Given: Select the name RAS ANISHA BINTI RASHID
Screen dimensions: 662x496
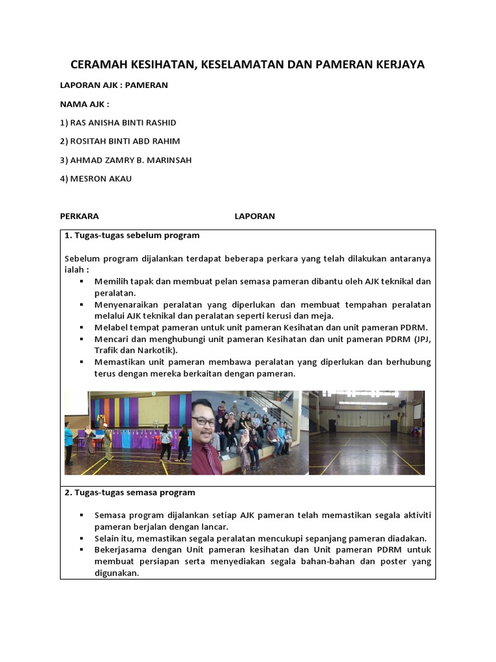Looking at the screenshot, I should point(118,122).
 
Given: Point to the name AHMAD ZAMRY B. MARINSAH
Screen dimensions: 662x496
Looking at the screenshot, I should point(125,160).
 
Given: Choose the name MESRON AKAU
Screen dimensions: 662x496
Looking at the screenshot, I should point(96,178).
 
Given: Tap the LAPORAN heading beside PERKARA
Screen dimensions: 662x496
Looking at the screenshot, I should point(254,216).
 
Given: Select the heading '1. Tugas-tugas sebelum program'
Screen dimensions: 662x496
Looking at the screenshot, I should point(132,235).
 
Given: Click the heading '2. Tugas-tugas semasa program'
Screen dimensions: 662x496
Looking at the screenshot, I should point(130,492).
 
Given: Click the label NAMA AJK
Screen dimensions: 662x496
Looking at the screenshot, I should point(84,103).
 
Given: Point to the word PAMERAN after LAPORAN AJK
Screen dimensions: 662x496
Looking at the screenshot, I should point(147,85).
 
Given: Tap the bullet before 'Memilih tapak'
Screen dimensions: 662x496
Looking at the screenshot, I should point(81,281).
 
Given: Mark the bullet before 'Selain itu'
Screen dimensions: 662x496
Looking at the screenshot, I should point(81,538).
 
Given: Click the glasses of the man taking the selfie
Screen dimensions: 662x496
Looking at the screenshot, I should point(204,421).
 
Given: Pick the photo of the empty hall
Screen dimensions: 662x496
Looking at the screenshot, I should point(367,432).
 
